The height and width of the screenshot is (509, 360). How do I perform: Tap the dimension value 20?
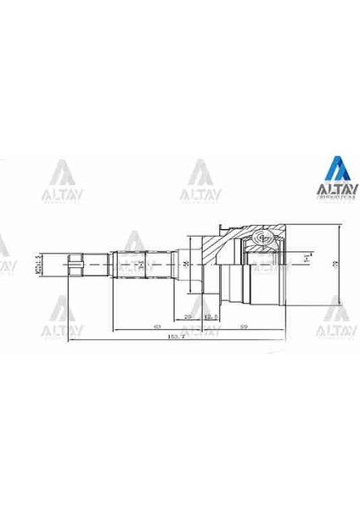click(188, 316)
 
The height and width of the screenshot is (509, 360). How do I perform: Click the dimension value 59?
click(243, 325)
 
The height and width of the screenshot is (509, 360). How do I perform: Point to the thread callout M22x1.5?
click(39, 265)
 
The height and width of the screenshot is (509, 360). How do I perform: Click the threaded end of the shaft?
click(76, 265)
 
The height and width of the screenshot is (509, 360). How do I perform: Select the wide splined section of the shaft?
click(144, 265)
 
